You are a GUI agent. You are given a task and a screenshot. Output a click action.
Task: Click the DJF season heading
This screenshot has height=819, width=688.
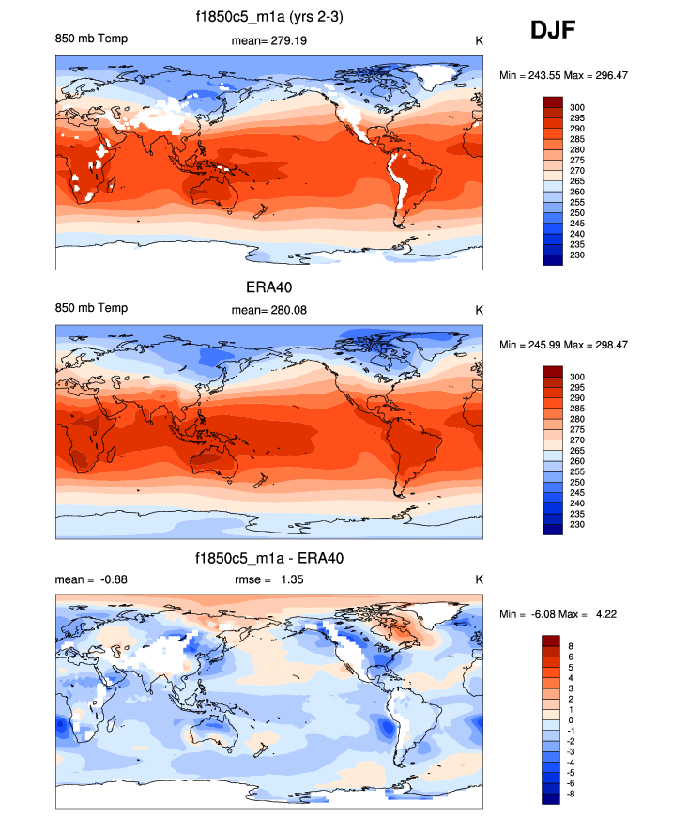[x=553, y=31]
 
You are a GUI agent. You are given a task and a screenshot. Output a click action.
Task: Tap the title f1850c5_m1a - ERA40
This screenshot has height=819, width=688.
[x=268, y=559]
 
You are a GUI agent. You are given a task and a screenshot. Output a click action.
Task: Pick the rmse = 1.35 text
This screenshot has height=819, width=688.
[x=269, y=579]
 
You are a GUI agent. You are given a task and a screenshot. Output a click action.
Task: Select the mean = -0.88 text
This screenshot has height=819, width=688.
[x=91, y=579]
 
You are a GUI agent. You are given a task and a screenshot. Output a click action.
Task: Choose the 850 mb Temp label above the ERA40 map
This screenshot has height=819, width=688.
[x=91, y=309]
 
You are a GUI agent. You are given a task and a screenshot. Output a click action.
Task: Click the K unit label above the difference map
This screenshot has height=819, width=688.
[x=478, y=579]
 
